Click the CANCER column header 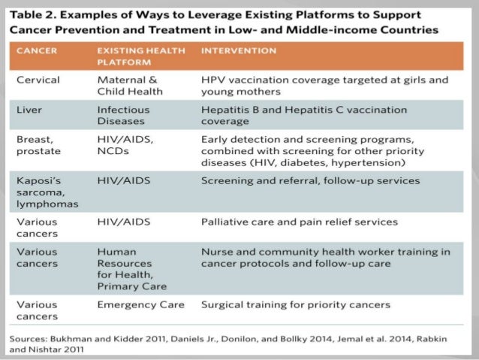[38, 50]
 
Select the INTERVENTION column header [238, 50]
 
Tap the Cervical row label [38, 79]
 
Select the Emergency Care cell [139, 304]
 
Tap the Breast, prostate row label [38, 145]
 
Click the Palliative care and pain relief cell [299, 222]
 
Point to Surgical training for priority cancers [296, 304]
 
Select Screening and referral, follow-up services [310, 181]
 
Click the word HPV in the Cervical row [212, 79]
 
